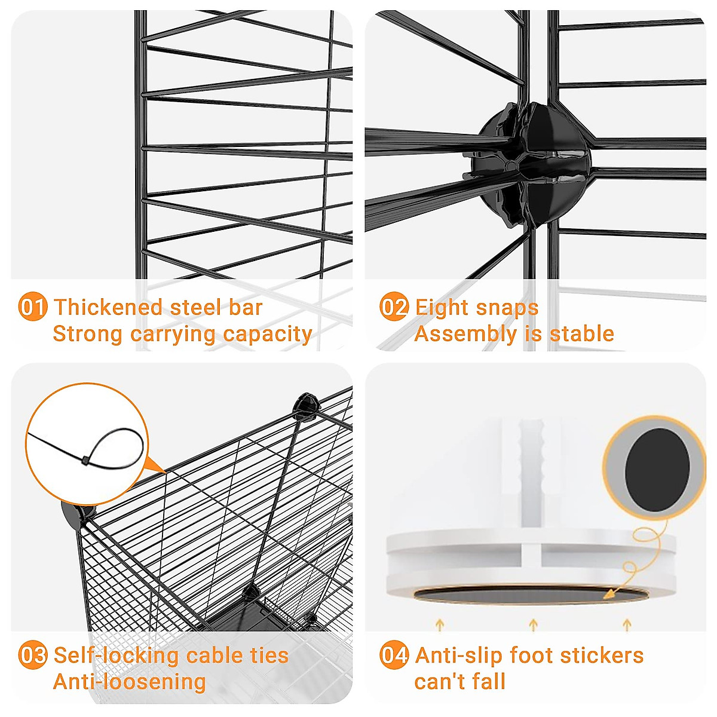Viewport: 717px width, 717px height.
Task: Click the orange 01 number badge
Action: pos(32,308)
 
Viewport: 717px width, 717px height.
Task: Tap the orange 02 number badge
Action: pos(394,308)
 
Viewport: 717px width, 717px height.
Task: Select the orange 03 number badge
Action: pos(32,655)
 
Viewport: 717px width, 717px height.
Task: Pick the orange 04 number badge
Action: pos(394,655)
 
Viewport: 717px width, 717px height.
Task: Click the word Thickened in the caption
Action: pos(108,308)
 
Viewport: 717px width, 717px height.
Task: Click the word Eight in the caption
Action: pos(442,308)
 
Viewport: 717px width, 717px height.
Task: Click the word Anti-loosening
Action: pos(130,682)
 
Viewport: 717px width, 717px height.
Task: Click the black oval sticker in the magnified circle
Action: pos(657,470)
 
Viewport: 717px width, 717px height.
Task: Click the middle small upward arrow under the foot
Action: pos(533,625)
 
